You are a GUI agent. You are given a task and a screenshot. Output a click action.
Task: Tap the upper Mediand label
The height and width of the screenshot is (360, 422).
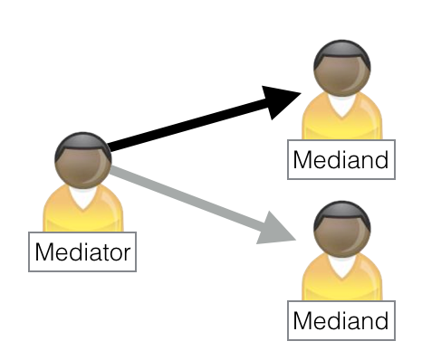coord(340,161)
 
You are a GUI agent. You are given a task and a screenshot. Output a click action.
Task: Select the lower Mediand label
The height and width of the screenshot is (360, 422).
coord(340,319)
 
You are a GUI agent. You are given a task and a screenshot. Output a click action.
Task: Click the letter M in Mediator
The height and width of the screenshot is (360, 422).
coord(43,251)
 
